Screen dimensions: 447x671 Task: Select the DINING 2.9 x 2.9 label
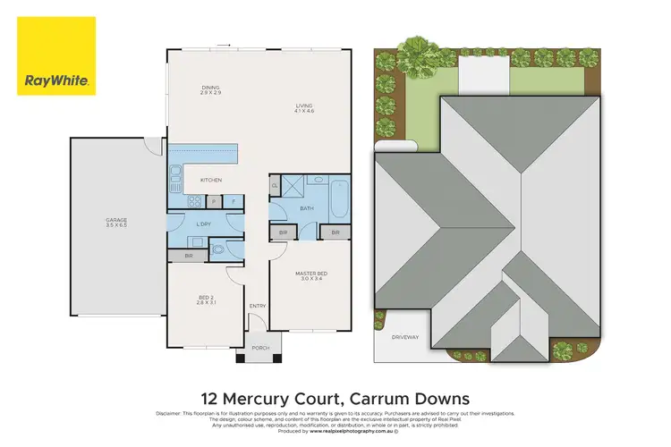tap(209, 89)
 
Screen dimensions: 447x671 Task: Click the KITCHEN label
tap(210, 181)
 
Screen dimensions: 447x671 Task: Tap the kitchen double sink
tap(176, 173)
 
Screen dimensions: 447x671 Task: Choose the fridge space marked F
tap(234, 201)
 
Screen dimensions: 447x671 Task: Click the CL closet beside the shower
tap(275, 186)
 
